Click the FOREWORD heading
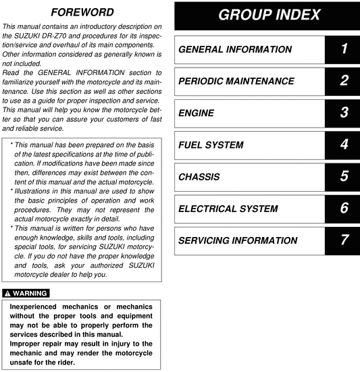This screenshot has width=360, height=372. pos(82,12)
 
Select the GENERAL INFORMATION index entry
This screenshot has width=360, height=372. pos(235,49)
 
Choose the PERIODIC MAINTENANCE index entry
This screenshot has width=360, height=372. pos(236,81)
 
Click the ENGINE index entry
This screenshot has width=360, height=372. pos(197,113)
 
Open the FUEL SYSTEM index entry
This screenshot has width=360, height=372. pos(211,145)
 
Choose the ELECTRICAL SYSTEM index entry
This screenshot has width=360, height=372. pos(228,209)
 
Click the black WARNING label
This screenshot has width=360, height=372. pos(26,293)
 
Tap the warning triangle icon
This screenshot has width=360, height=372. pos(7,293)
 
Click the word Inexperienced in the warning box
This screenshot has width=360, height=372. pos(36,307)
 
